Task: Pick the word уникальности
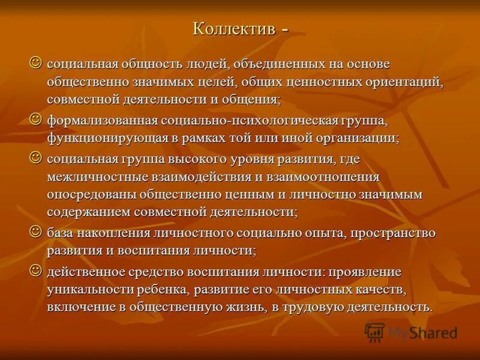point(86,290)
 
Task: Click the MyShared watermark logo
point(411,332)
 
